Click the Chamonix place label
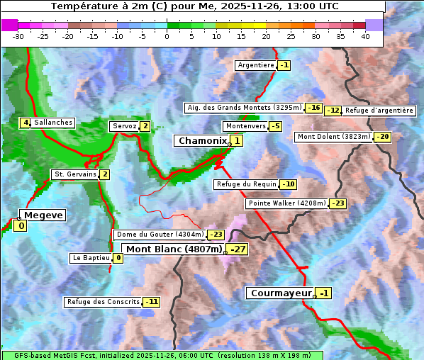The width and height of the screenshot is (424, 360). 201,141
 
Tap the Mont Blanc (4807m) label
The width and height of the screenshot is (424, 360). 174,249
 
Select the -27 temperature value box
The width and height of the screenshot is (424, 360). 238,249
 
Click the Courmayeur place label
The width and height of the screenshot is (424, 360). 281,293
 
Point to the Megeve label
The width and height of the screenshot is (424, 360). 43,215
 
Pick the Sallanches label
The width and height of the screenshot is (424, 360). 52,123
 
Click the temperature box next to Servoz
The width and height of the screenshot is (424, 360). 145,126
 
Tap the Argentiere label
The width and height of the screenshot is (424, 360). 255,65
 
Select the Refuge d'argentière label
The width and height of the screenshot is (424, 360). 379,111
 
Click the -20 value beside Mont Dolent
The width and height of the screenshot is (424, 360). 383,137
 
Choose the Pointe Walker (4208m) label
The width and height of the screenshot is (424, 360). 286,203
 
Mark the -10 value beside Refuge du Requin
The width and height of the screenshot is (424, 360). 288,184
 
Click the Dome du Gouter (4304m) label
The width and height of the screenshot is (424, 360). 160,235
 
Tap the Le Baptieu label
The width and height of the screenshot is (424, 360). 91,258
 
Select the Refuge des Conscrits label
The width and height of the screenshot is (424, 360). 103,302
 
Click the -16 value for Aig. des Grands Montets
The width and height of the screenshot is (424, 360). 314,108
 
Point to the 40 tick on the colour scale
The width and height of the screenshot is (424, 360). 365,36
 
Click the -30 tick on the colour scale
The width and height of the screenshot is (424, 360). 18,36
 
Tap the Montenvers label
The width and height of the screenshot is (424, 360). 245,126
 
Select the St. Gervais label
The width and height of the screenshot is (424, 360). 74,174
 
